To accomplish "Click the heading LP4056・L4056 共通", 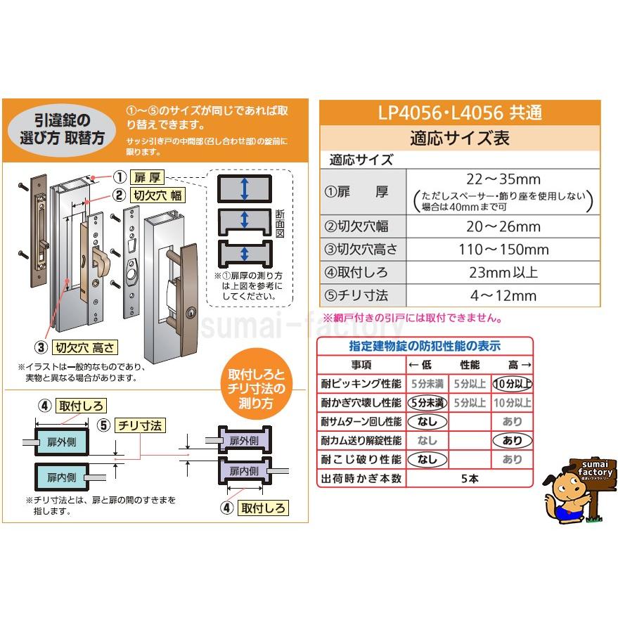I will [460, 112].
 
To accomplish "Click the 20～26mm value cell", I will [504, 226].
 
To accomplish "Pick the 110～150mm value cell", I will [504, 250].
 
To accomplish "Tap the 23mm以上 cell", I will [504, 273].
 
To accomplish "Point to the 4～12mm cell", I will [504, 296].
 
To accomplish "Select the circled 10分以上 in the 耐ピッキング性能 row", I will [512, 384].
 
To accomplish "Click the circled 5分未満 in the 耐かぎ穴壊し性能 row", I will [427, 403].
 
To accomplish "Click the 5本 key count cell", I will [469, 479].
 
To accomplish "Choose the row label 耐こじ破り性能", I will [361, 460].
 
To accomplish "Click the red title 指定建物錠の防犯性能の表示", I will [425, 346].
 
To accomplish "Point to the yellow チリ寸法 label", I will [141, 425].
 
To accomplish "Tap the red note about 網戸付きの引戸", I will [412, 318].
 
